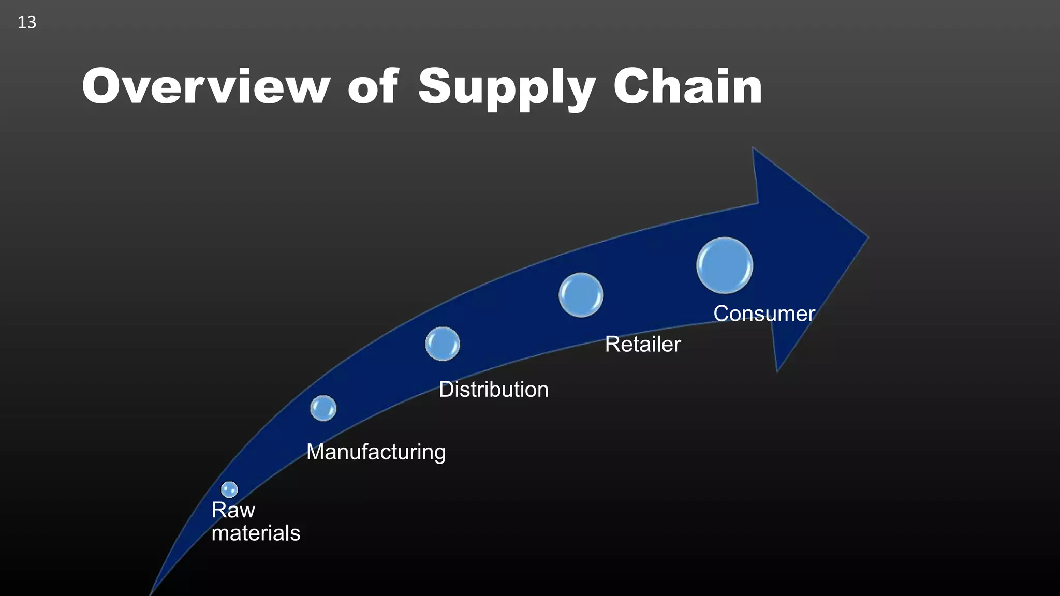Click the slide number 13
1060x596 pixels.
coord(27,22)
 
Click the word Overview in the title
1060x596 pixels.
coord(206,86)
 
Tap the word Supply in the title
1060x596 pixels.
coord(507,88)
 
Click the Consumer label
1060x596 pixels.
coord(764,314)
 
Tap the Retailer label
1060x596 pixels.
coord(642,344)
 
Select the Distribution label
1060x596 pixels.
coord(493,389)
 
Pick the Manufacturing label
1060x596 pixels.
coord(376,452)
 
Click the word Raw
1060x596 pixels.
coord(233,510)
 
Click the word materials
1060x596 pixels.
coord(256,533)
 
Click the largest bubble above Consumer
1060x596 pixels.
coord(725,265)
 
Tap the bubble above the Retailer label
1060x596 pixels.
coord(581,295)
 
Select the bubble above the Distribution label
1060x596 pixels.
coord(443,344)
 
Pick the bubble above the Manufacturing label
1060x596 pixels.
coord(323,408)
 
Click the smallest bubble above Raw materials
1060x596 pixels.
coord(229,489)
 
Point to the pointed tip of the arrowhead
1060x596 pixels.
coord(866,238)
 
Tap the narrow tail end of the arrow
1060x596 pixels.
coord(152,591)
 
